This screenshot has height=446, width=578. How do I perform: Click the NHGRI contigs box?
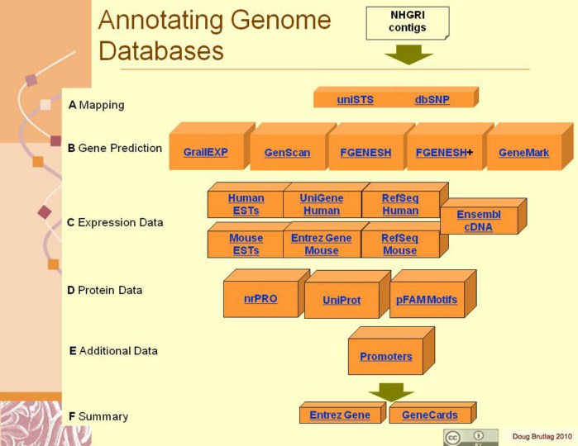407,22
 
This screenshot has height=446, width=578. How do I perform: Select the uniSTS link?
355,100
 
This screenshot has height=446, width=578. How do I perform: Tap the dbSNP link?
432,100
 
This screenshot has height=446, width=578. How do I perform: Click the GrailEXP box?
206,153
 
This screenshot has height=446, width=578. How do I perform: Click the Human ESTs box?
246,204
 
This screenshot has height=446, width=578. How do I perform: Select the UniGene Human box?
321,204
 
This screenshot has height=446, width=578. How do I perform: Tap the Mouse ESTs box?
246,244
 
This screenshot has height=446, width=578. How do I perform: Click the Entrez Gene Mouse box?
321,244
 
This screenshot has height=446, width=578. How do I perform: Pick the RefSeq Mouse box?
399,244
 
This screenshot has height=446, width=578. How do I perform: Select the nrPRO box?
261,299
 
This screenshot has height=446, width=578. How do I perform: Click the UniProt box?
342,301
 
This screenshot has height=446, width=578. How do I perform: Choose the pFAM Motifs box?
427,300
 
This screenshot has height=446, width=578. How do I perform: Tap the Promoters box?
385,357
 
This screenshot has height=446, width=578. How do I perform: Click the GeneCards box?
429,415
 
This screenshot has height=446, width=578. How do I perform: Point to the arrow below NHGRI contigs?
408,55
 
